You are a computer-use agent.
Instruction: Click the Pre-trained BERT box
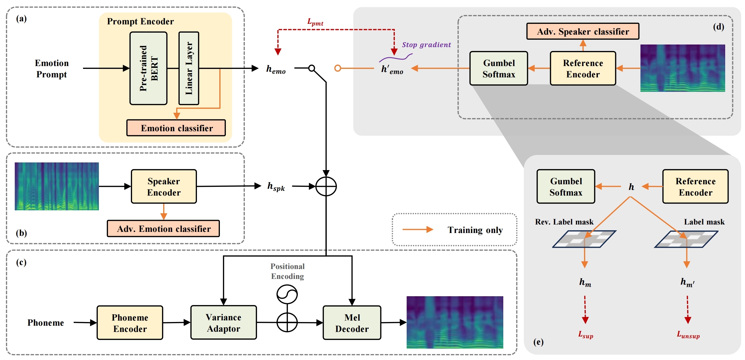[148, 68]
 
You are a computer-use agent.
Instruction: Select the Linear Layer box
[189, 68]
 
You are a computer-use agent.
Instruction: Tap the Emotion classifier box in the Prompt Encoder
[176, 128]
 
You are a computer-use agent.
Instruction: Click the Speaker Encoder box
[164, 187]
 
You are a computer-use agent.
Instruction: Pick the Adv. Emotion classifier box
[164, 229]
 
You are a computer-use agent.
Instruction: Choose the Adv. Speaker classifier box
[582, 31]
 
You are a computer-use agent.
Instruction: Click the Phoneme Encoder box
[130, 323]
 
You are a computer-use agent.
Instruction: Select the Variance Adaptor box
[224, 322]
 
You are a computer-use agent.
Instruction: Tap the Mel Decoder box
[352, 323]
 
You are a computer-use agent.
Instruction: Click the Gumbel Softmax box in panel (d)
[498, 69]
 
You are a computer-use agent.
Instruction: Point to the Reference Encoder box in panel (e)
[695, 187]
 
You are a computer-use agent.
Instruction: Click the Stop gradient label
[426, 45]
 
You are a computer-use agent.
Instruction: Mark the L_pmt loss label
[315, 22]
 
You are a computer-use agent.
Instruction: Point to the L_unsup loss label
[688, 335]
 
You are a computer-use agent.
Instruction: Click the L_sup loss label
[586, 335]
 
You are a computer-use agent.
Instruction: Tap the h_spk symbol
[276, 187]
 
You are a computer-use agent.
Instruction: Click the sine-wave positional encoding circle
[287, 294]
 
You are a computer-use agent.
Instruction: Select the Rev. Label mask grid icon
[584, 239]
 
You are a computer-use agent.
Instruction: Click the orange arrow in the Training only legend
[418, 230]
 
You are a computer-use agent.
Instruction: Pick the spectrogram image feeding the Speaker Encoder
[57, 186]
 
